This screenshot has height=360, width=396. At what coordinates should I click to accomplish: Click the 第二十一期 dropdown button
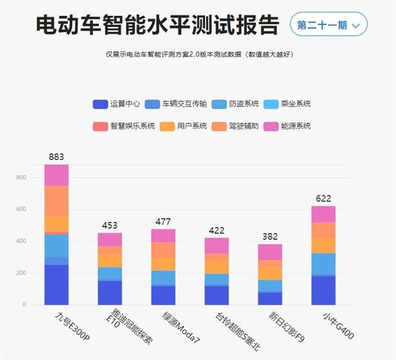tap(328, 25)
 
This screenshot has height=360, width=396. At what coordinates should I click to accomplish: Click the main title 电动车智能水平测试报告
tap(156, 25)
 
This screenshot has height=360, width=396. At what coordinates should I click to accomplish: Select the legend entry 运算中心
tap(117, 104)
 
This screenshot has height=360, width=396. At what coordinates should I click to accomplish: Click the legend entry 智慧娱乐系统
tap(124, 126)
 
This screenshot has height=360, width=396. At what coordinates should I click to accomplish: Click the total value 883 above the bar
tap(57, 157)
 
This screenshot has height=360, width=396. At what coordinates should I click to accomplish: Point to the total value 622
tap(323, 198)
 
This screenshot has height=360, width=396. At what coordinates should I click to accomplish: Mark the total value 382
tap(270, 236)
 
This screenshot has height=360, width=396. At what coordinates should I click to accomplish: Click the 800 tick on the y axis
tap(21, 178)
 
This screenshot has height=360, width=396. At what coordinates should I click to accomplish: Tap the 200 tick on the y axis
tap(21, 273)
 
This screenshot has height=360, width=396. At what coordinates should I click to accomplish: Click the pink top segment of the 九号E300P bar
tap(57, 175)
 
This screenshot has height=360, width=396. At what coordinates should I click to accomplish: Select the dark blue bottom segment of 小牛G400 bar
tap(323, 290)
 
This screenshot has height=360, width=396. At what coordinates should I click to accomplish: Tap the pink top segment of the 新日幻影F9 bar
tap(270, 252)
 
